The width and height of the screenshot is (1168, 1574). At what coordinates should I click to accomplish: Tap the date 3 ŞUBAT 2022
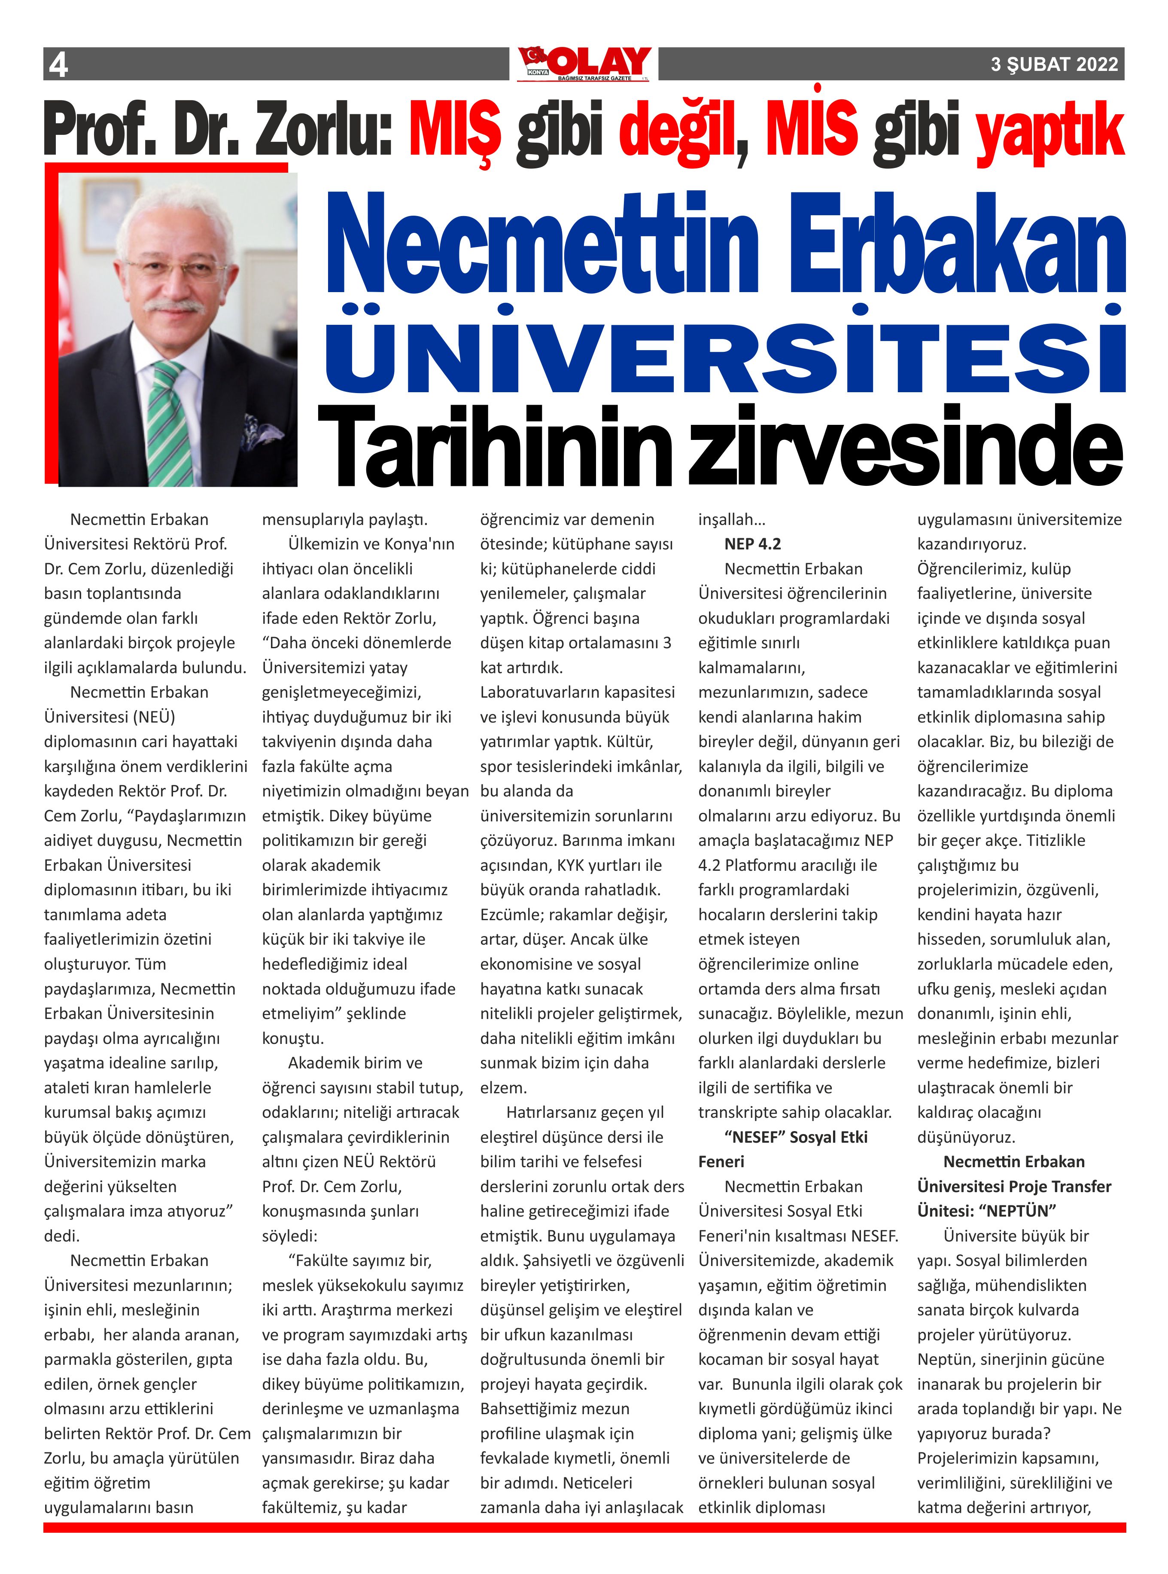(x=1054, y=64)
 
